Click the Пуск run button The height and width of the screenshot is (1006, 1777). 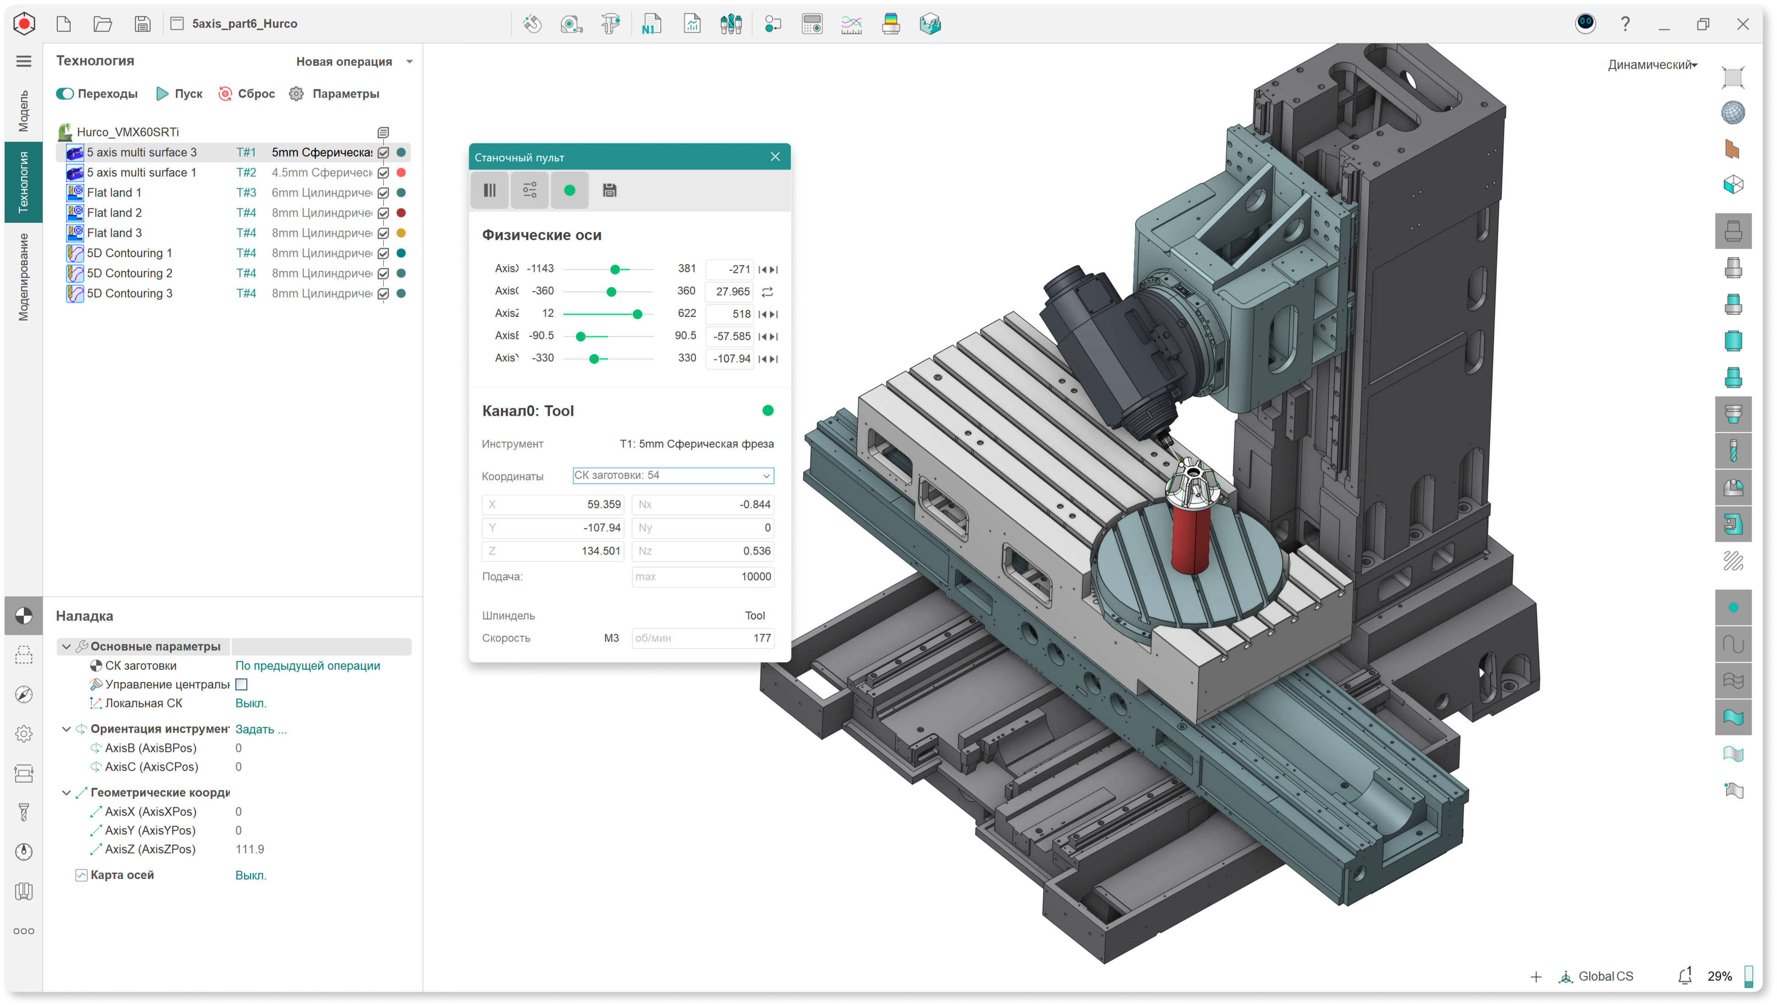click(x=179, y=93)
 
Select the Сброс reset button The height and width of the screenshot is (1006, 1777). click(x=247, y=93)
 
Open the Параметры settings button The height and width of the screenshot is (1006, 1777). click(x=334, y=93)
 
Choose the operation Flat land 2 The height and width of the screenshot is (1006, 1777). click(x=114, y=213)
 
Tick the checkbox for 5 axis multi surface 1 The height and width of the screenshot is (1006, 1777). click(x=383, y=173)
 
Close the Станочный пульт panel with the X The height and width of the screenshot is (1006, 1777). click(x=775, y=157)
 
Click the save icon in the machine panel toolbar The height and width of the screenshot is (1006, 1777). click(x=609, y=190)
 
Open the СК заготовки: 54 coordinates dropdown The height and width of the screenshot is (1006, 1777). click(x=673, y=475)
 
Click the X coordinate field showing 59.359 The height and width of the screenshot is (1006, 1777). click(x=553, y=505)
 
